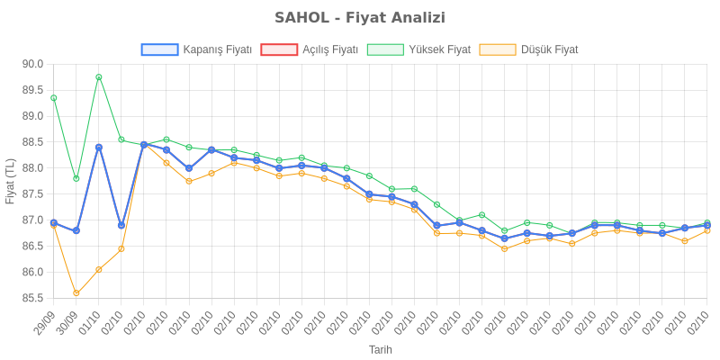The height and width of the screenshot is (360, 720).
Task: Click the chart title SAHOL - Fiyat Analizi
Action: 360,18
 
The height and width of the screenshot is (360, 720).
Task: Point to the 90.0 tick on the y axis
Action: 33,64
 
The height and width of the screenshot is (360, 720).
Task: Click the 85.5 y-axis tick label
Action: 33,298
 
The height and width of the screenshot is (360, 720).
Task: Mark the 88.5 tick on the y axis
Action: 33,142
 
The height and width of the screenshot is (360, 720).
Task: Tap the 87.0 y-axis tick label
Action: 33,220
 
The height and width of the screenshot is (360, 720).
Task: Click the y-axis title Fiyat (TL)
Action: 11,181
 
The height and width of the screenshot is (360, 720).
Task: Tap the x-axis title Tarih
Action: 380,349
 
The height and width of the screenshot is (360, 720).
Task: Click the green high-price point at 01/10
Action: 99,76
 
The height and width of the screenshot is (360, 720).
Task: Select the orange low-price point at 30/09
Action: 76,292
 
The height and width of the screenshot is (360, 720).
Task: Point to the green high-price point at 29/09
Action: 54,97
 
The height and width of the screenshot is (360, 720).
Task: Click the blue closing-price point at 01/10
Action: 99,147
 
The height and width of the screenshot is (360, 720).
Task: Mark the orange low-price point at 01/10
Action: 99,269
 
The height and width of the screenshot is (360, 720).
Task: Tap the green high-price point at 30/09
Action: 76,178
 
